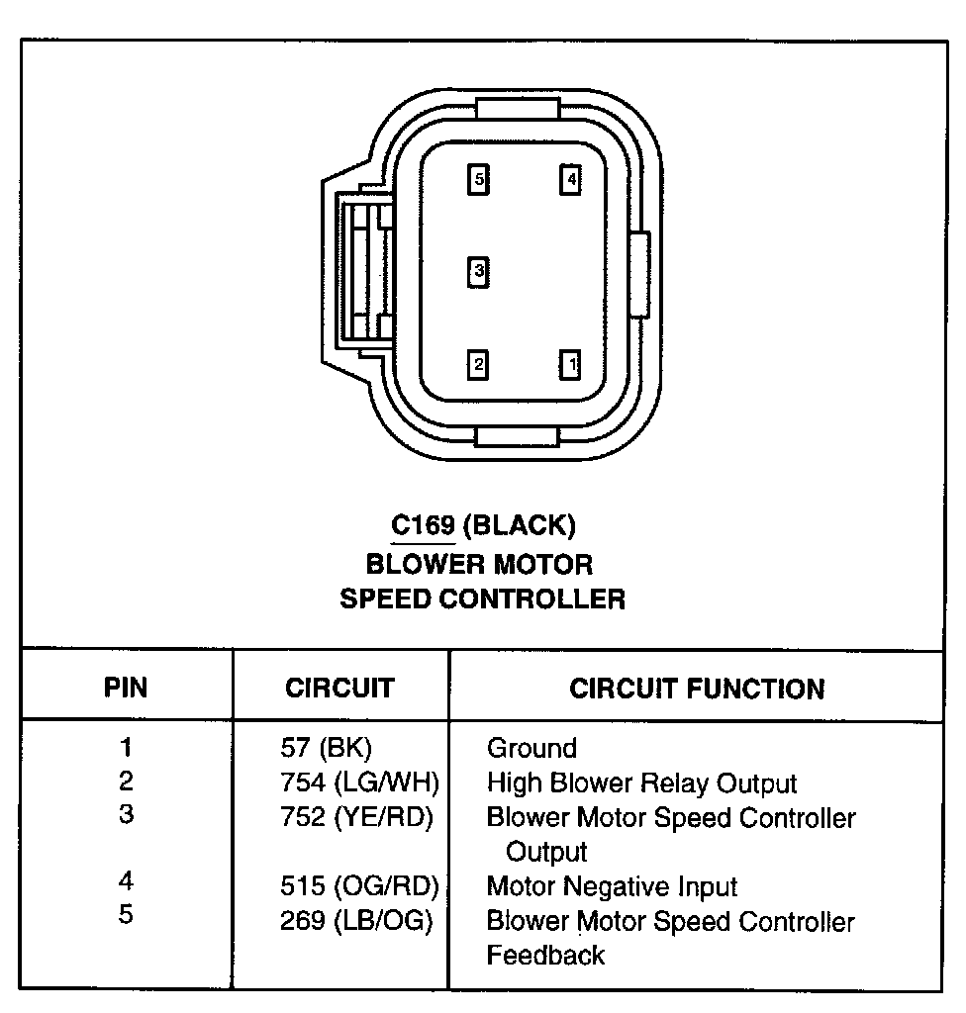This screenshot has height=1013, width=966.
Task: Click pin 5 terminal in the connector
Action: [479, 180]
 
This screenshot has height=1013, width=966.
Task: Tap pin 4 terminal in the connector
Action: [570, 180]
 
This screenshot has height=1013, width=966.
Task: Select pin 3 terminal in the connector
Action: [479, 270]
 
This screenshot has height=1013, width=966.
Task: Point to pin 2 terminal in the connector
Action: [479, 365]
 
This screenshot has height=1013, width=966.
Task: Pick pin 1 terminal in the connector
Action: [570, 365]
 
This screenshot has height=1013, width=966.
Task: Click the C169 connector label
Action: [423, 525]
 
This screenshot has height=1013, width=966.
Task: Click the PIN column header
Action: [127, 688]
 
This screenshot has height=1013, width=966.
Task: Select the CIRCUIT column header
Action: [339, 688]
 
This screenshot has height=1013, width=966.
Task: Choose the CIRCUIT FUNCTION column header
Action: [697, 689]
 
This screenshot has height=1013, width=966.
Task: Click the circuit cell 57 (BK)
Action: [326, 748]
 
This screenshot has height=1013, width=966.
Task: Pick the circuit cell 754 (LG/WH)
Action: [359, 783]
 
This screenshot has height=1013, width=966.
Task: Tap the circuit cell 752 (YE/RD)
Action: [356, 818]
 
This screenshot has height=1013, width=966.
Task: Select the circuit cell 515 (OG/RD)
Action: [359, 886]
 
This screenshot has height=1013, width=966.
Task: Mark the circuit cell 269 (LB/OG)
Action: [356, 921]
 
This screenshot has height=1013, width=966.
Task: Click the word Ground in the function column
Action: [531, 748]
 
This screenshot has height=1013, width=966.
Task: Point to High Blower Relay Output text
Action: [641, 783]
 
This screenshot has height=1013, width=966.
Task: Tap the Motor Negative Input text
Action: [612, 886]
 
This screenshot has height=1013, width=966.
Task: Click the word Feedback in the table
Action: [545, 955]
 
